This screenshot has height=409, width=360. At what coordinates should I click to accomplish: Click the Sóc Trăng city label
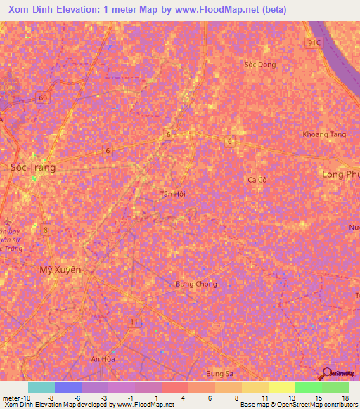(x=33, y=167)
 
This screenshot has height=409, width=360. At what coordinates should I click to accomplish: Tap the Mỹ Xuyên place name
(x=60, y=269)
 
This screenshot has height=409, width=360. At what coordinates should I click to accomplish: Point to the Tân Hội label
(x=172, y=194)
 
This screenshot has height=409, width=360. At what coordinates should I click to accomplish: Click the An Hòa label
(x=103, y=358)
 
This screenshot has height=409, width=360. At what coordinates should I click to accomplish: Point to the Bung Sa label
(x=219, y=373)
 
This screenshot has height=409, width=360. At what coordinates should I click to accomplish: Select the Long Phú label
(x=341, y=173)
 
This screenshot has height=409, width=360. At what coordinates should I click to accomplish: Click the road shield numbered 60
(x=44, y=98)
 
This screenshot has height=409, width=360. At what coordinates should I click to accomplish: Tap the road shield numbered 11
(x=133, y=321)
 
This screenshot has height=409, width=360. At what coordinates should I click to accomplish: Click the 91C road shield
(x=313, y=43)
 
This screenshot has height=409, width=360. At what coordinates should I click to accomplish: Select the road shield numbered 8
(x=46, y=229)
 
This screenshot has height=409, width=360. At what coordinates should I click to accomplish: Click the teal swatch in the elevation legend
(x=41, y=387)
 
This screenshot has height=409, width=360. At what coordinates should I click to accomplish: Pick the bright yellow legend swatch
(x=282, y=387)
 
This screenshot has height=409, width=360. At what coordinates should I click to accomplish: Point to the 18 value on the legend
(x=345, y=398)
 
